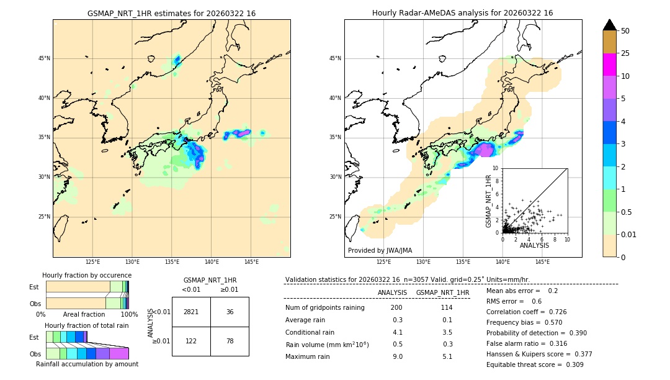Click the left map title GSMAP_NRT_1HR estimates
(171, 13)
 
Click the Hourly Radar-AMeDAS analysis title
(462, 13)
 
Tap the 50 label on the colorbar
(625, 31)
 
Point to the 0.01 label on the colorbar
(629, 234)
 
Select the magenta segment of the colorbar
(609, 65)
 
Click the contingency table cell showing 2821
(191, 312)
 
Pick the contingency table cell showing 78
(230, 341)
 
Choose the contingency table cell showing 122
(191, 341)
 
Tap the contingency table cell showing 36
(230, 312)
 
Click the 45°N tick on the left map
(44, 58)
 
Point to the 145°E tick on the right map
(542, 262)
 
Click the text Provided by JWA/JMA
(380, 250)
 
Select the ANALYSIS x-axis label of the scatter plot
(534, 245)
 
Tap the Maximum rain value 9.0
(397, 356)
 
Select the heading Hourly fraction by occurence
(87, 275)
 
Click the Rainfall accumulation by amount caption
(87, 364)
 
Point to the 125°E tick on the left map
(92, 262)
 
